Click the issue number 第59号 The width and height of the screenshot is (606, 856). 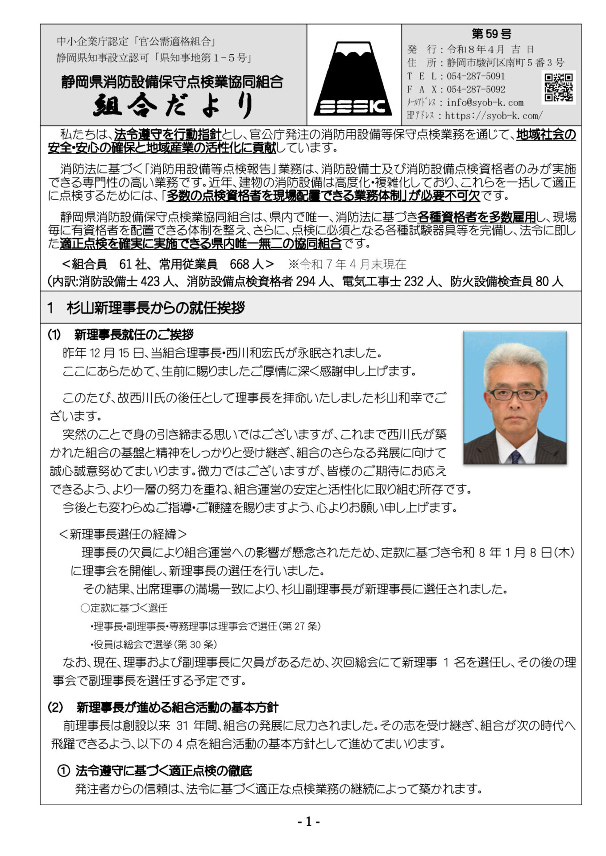click(x=491, y=34)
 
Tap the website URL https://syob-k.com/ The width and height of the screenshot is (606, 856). click(x=494, y=116)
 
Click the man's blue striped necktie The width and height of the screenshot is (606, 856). click(x=515, y=456)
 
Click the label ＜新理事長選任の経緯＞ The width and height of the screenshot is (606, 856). click(x=123, y=534)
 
